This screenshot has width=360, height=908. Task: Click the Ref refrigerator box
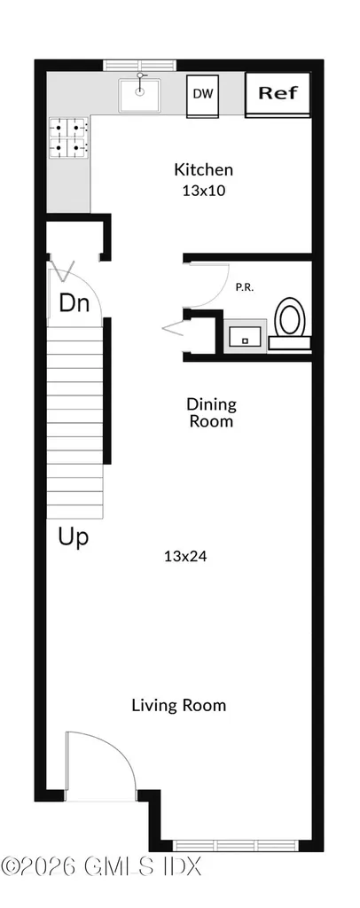coord(278,94)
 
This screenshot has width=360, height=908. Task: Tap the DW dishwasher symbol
coord(202,95)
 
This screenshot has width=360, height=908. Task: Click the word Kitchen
coord(204,169)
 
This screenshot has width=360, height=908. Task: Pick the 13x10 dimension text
coord(203,191)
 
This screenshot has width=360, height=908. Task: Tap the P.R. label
coord(244,286)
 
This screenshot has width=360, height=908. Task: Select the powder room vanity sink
coord(246,336)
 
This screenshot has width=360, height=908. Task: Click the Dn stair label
coord(75,303)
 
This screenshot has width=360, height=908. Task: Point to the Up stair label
coord(74,536)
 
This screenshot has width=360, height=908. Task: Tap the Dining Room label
coord(211,412)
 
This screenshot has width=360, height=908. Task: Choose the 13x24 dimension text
coord(186,557)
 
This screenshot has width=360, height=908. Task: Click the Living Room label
coord(179,705)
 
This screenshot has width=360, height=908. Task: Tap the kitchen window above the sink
coord(139,66)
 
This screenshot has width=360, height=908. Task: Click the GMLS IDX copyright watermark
coord(101,867)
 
